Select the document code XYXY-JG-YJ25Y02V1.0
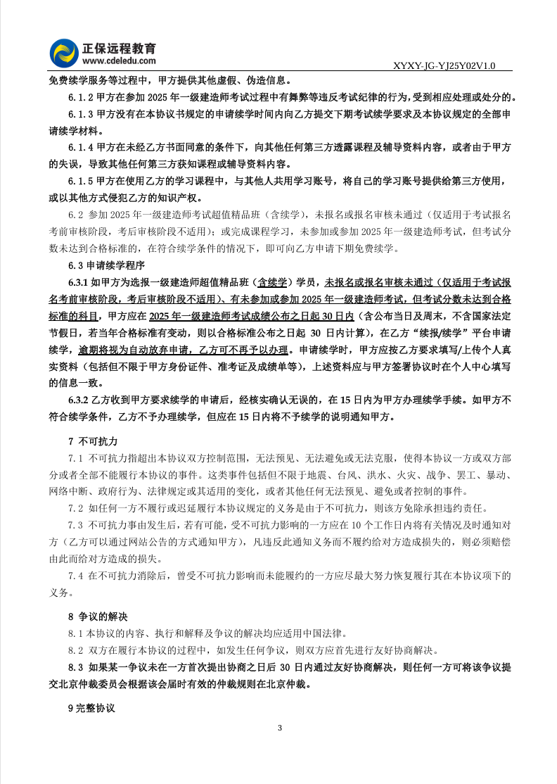446,66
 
